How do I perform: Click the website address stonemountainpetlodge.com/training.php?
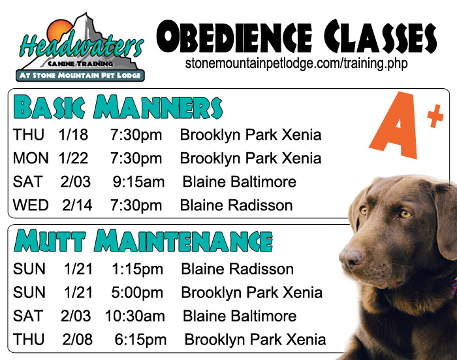[296, 63]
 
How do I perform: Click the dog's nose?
[351, 259]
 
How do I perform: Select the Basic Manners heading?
[118, 106]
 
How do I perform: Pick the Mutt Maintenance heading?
[143, 240]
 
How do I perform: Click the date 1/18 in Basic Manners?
[73, 135]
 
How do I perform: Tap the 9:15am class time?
[138, 182]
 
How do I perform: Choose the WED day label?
[31, 205]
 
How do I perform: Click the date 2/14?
[77, 205]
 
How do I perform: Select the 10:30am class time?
[135, 316]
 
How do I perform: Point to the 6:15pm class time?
[140, 340]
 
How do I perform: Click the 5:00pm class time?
[137, 293]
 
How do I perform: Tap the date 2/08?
[77, 340]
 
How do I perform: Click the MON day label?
[31, 158]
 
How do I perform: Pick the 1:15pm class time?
[137, 269]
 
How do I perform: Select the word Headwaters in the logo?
[82, 46]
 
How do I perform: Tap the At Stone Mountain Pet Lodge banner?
[80, 76]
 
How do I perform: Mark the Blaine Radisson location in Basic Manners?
[236, 205]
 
